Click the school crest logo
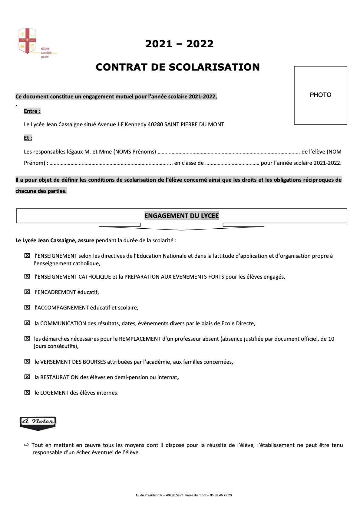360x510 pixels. (28, 41)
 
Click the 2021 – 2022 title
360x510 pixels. (179, 44)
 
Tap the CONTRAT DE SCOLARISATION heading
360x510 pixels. (178, 67)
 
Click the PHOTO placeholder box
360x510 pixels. (320, 95)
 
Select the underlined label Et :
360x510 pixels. (28, 138)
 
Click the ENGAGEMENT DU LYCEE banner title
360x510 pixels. (181, 216)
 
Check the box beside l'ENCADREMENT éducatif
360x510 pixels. (27, 292)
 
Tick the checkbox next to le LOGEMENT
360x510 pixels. (27, 392)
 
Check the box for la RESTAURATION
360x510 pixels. (27, 377)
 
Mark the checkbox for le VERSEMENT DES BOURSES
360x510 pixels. (27, 362)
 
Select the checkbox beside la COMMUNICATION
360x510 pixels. (27, 323)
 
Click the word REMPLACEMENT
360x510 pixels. (140, 339)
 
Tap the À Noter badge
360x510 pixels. (38, 423)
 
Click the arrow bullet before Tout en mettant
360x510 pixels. (27, 445)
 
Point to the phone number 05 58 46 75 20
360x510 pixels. (221, 495)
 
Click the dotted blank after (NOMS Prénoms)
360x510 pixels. (229, 152)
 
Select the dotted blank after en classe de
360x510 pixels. (232, 163)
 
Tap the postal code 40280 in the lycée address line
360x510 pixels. (155, 124)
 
